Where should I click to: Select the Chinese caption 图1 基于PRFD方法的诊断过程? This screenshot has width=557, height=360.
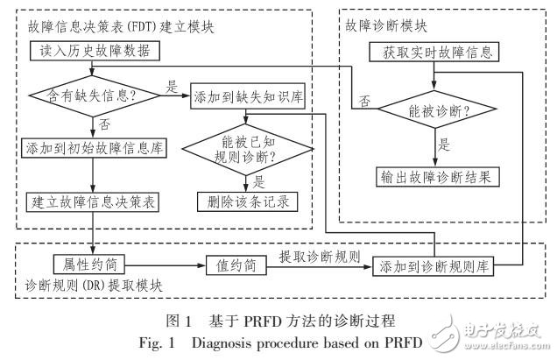pos(278,319)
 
